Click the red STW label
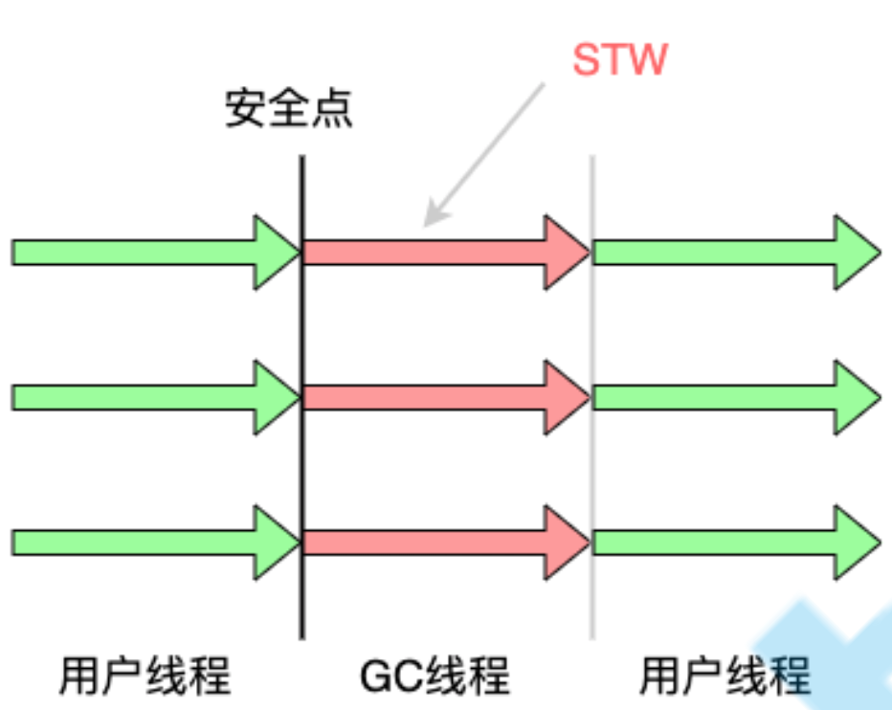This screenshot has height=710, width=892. tap(619, 59)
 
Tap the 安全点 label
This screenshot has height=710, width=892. tap(289, 110)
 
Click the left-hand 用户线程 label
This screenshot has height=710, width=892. tap(145, 675)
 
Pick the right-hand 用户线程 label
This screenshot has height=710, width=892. tap(725, 675)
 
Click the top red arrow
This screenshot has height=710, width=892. tap(440, 253)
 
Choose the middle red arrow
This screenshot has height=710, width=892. tap(440, 396)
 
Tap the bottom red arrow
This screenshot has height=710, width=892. tap(440, 542)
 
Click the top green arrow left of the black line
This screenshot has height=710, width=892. tap(144, 253)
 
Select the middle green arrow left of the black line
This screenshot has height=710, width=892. tap(144, 396)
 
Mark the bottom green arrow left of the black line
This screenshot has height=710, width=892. tap(144, 542)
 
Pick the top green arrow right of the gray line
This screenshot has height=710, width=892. tap(727, 253)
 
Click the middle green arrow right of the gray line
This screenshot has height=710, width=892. tap(727, 396)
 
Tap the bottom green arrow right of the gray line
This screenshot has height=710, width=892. tap(727, 542)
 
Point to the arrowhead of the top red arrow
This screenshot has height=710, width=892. tap(567, 253)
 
